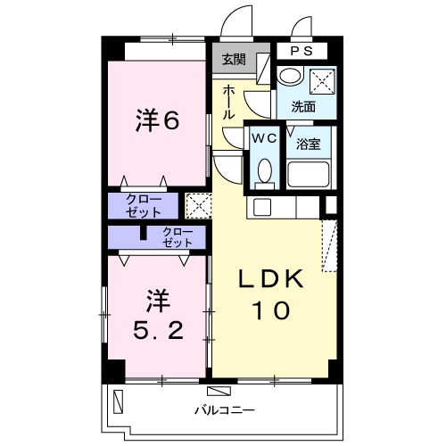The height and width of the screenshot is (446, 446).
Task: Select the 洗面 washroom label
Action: (303, 105)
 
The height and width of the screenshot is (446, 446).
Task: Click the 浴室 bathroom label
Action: (310, 143)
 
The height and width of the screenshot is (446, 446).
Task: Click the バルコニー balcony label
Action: (223, 409)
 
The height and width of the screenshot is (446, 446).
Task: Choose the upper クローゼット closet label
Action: (144, 206)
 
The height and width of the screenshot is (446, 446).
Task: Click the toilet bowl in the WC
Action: (264, 169)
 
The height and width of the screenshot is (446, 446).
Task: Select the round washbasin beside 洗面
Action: (288, 78)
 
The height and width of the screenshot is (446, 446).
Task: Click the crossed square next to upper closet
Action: (196, 206)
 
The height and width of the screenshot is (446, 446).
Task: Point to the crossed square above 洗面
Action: (320, 79)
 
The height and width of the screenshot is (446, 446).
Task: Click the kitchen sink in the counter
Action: (262, 207)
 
